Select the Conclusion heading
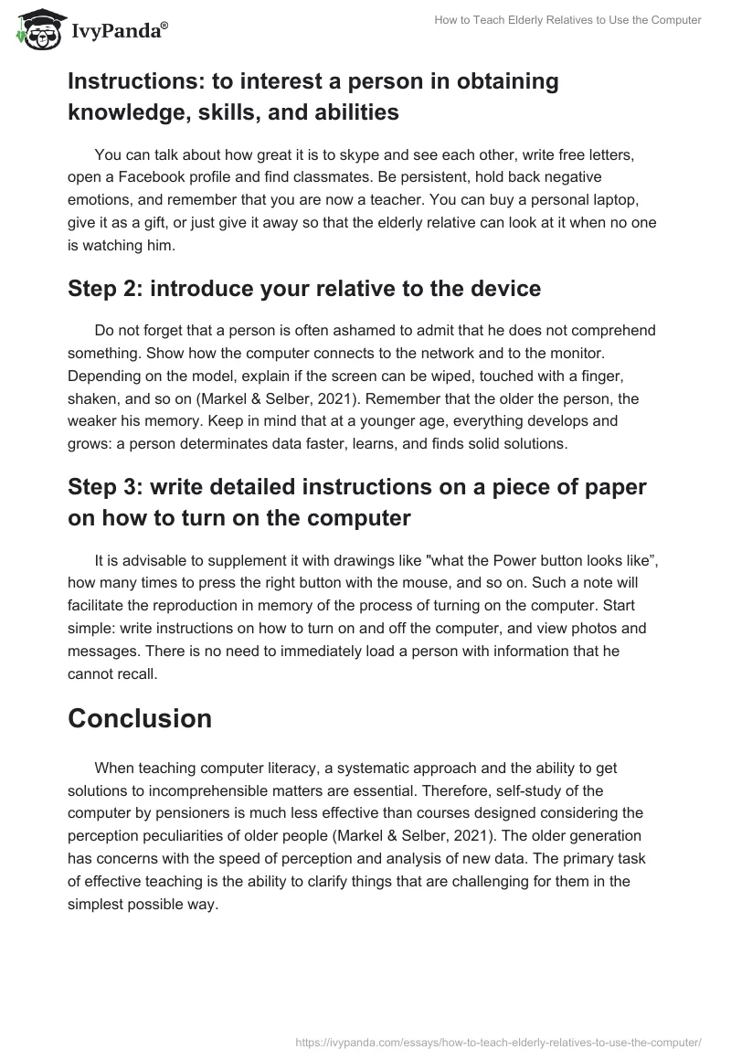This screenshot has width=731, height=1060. tap(140, 718)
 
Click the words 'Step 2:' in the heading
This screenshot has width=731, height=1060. tap(107, 290)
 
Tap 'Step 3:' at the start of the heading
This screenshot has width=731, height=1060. tap(107, 487)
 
